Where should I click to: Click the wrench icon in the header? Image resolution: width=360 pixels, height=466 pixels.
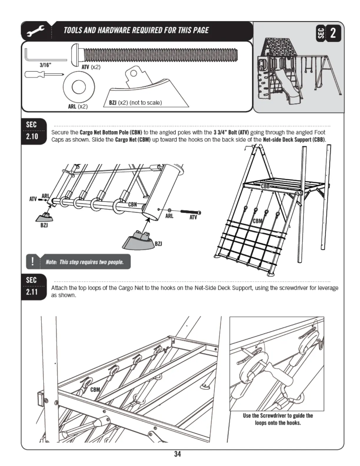coord(36,31)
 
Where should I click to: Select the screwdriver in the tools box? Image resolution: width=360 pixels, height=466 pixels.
coord(44,74)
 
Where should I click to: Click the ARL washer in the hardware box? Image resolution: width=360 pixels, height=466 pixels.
coord(79,87)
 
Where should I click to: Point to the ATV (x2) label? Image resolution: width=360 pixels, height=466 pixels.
coord(91,67)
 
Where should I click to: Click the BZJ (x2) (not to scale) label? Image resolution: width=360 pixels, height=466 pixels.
coord(135,103)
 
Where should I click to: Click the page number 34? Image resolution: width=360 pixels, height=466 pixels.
coord(177,454)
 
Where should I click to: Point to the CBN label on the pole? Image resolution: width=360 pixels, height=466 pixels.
coord(133,204)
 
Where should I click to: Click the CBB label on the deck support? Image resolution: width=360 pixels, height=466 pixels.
coord(265,186)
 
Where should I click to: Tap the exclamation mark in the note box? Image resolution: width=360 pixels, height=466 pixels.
coord(32,262)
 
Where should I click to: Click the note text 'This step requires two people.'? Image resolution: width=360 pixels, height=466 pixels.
coord(85,262)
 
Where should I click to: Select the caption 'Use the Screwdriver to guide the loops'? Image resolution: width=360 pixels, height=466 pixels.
coord(278,419)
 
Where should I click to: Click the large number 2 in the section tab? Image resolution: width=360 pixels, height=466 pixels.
coord(333,33)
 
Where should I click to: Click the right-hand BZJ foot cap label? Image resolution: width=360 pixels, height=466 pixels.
coord(158,244)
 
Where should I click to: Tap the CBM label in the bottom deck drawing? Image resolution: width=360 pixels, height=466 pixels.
coord(95,390)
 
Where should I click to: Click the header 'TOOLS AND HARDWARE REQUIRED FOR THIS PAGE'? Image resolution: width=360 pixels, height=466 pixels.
coord(136,31)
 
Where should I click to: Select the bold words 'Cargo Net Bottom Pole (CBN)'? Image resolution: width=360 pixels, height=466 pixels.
coord(111,132)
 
